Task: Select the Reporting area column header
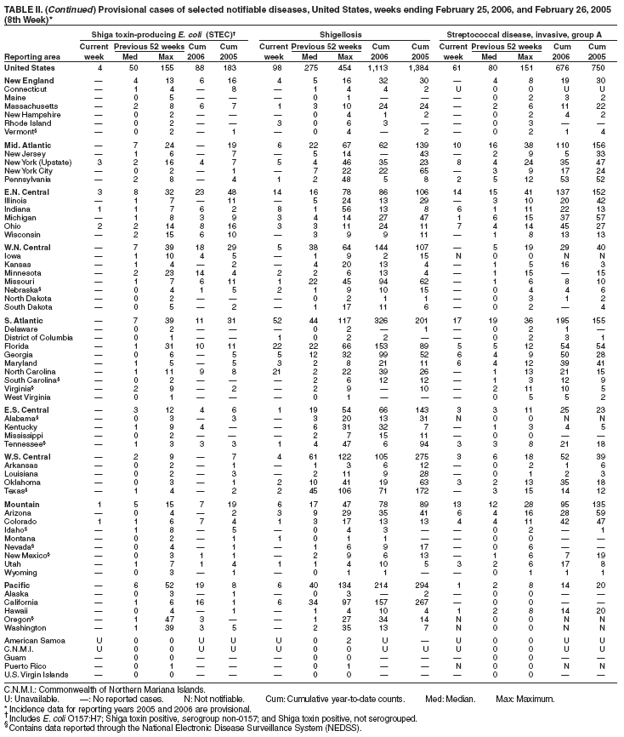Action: pos(30,56)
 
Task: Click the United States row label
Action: pos(30,67)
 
